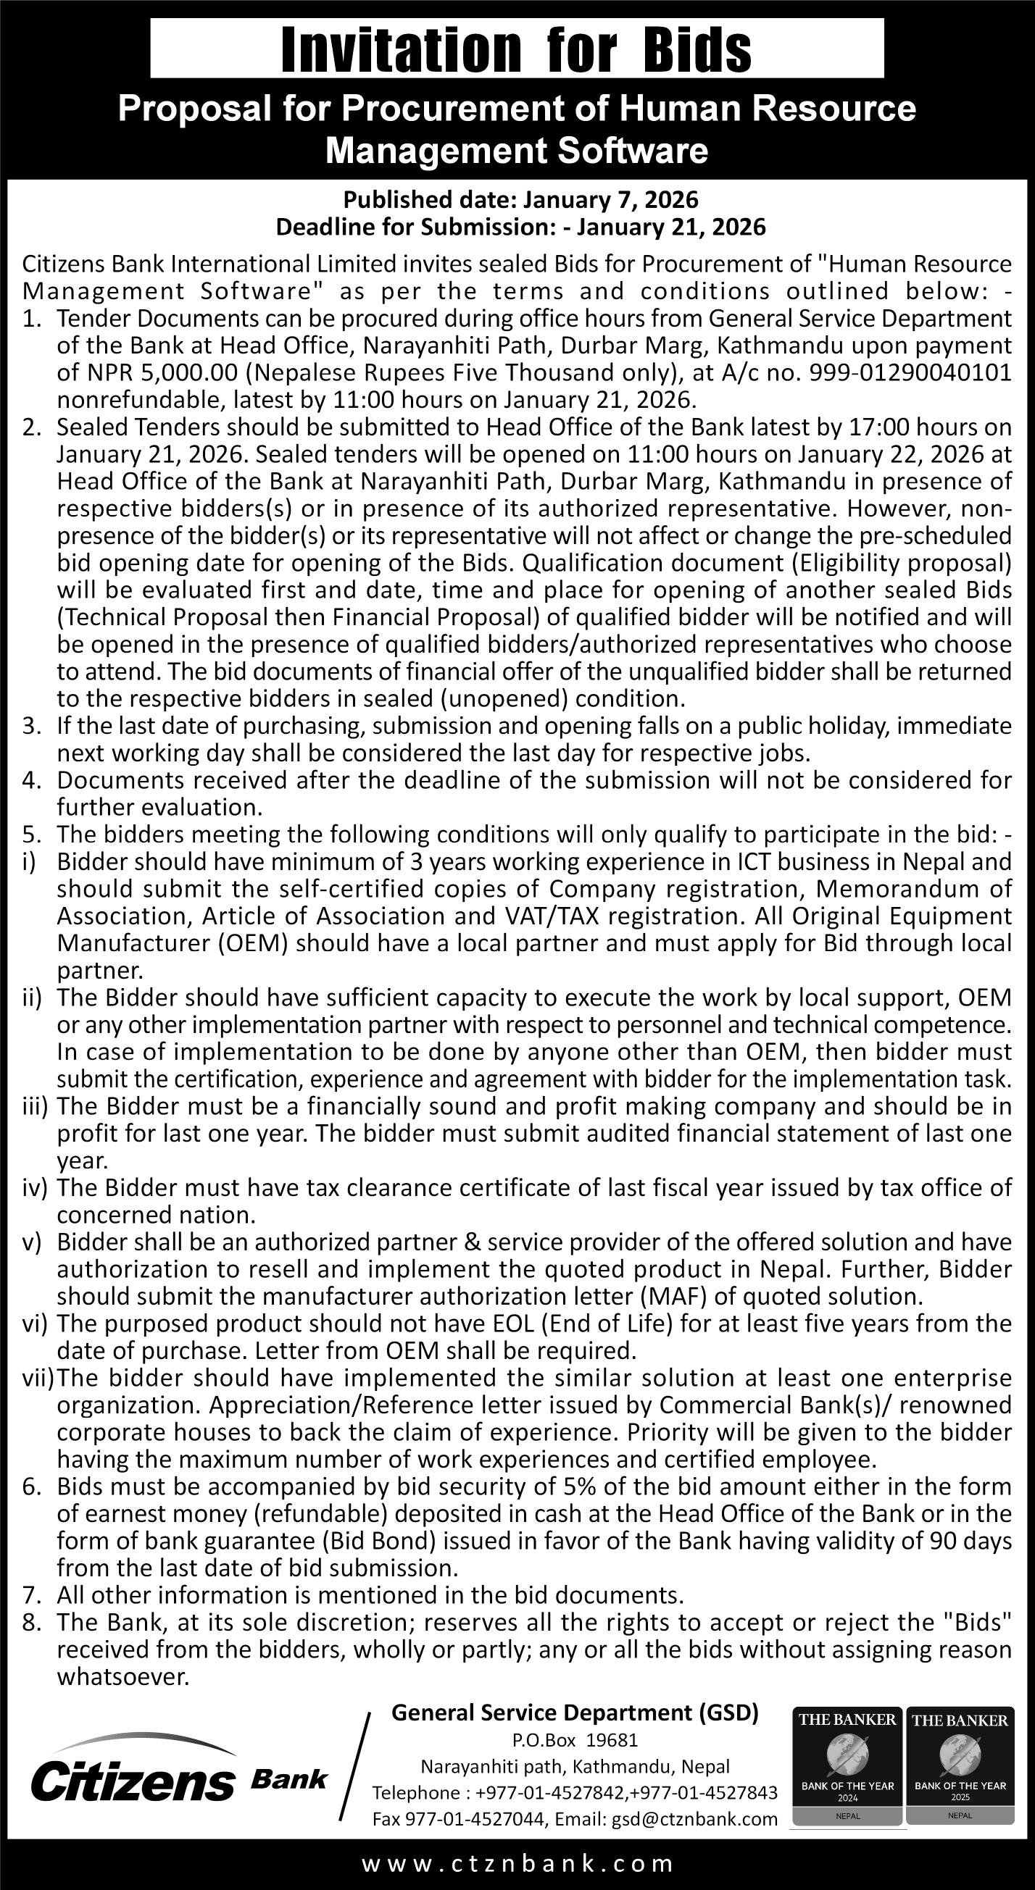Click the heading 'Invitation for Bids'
pos(516,49)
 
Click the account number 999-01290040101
pos(910,373)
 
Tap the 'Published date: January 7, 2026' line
pos(520,199)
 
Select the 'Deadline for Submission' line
pos(520,227)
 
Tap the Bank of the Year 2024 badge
pos(847,1770)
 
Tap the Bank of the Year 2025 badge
pos(960,1770)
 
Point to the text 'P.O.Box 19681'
pos(575,1739)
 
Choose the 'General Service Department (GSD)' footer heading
pos(575,1713)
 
